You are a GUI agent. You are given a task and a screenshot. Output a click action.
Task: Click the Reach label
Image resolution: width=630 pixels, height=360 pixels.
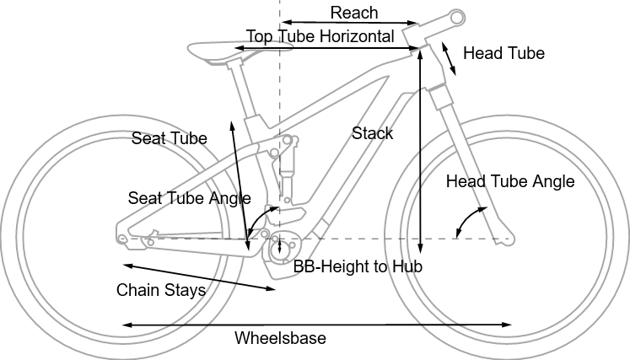coord(354,13)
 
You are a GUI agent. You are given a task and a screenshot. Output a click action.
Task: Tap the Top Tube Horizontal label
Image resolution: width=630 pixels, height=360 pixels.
coord(320,36)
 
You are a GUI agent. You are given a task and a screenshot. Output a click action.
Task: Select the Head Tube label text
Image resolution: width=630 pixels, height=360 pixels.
coord(504,53)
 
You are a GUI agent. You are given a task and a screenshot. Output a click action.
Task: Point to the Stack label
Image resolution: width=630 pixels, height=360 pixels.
coord(372,133)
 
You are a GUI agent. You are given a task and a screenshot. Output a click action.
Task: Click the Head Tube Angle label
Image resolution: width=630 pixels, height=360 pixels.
coord(509,181)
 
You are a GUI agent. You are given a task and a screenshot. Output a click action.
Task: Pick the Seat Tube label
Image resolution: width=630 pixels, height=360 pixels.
coord(169,139)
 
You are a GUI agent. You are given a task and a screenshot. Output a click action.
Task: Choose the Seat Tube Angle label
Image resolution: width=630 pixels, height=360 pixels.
coord(190,198)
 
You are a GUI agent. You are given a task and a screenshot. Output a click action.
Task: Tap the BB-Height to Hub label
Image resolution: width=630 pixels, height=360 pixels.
coord(357,266)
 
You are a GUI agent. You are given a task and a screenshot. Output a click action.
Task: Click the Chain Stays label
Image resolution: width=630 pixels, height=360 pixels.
coord(160,291)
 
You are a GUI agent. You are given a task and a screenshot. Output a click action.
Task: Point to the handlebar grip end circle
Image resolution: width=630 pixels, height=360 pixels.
coord(457,16)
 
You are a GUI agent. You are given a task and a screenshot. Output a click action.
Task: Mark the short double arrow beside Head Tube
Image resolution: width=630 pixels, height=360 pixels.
coord(450,57)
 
